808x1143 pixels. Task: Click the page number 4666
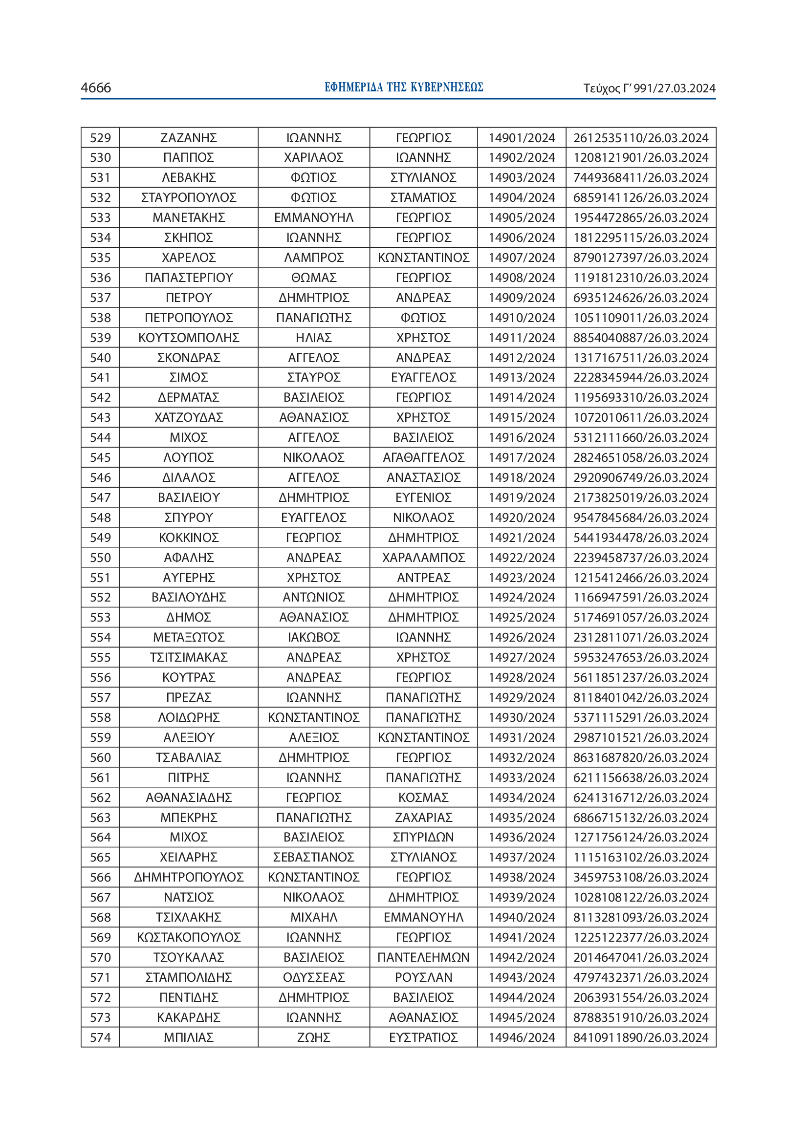pos(96,88)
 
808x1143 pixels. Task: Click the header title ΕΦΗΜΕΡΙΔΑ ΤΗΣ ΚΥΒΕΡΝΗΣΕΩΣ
pos(403,87)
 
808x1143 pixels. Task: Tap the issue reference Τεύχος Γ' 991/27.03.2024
pos(649,88)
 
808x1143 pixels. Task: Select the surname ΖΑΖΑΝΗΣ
pos(189,138)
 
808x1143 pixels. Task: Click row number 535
pos(100,258)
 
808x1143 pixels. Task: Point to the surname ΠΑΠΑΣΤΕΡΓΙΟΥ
pos(189,278)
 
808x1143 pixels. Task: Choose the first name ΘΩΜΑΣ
pos(314,278)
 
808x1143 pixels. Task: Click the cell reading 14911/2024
pos(521,338)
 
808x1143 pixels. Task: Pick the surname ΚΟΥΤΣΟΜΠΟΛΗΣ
pos(189,338)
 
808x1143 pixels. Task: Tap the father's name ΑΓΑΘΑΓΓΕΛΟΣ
pos(423,457)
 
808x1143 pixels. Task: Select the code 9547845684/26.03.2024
pos(640,518)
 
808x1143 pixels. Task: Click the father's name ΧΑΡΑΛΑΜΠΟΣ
pos(423,558)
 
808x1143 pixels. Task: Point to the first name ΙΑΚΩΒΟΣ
pos(314,638)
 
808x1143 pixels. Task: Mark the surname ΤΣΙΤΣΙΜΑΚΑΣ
pos(189,658)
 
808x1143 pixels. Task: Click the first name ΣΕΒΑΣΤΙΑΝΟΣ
pos(314,857)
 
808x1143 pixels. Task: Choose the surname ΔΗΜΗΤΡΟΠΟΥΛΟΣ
pos(189,877)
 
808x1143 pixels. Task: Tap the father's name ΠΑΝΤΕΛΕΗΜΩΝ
pos(423,957)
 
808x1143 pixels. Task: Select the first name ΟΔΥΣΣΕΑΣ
pos(314,977)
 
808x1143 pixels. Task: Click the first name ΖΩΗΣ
pos(314,1037)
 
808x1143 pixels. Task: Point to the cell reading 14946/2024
pos(521,1037)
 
